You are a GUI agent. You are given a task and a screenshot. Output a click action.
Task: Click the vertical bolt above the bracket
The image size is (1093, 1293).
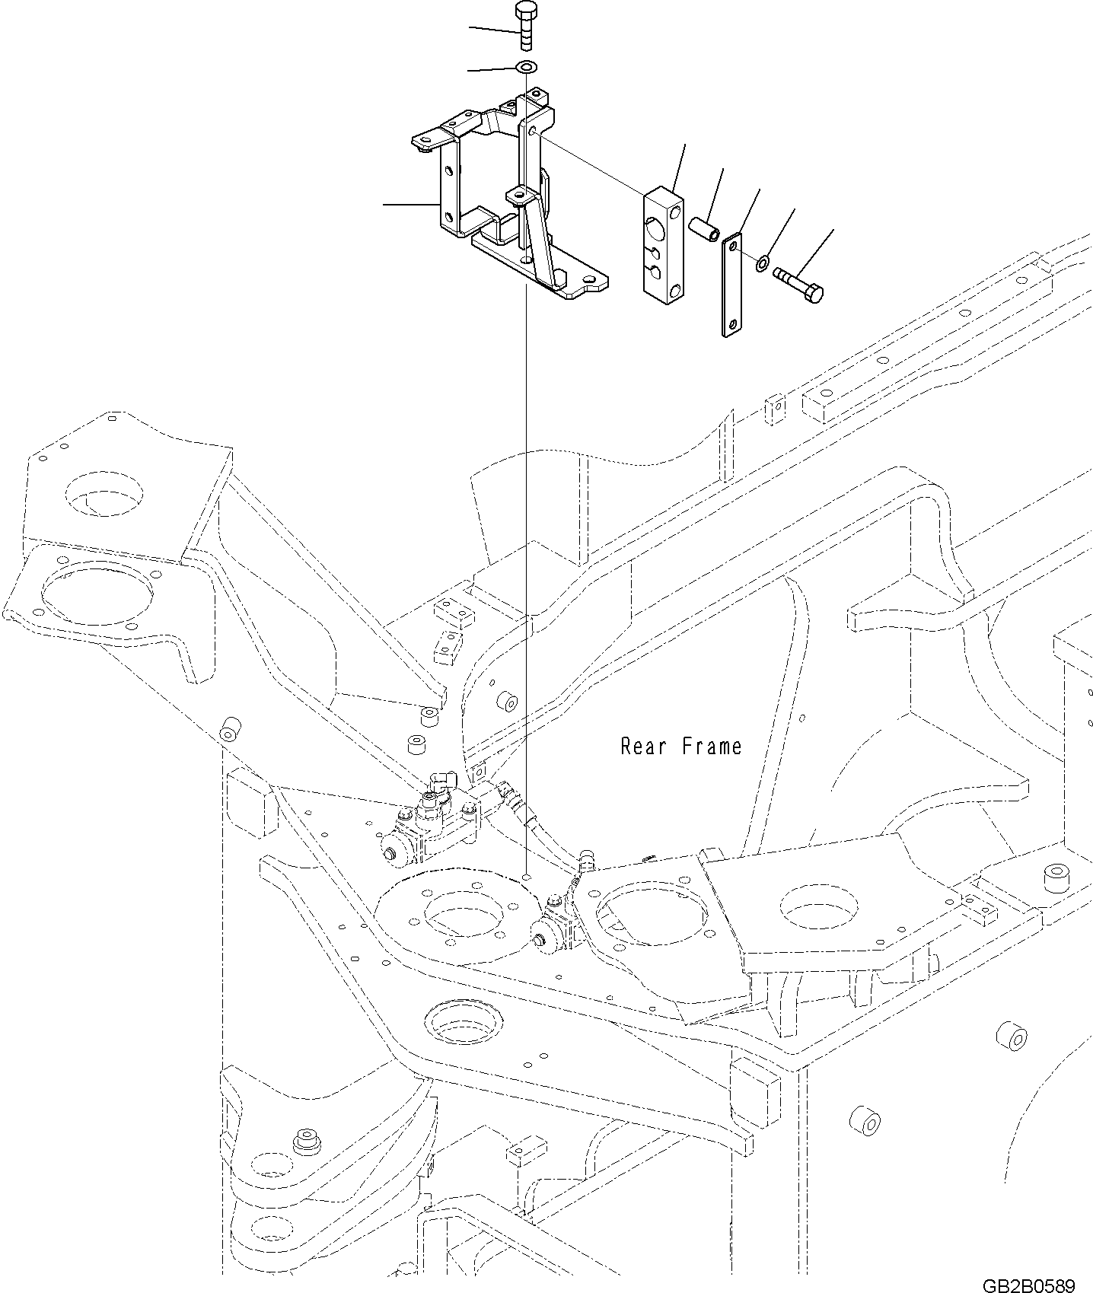[x=525, y=27]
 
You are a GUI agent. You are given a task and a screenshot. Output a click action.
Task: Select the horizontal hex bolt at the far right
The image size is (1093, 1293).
[x=798, y=285]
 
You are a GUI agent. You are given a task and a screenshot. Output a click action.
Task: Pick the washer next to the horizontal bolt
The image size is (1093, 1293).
[x=762, y=264]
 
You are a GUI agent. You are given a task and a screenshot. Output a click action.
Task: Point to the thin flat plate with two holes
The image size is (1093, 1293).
[x=731, y=285]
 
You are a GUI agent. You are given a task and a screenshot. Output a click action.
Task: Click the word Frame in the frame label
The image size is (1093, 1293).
[x=711, y=746]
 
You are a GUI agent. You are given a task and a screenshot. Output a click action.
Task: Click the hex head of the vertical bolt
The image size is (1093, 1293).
[x=525, y=10]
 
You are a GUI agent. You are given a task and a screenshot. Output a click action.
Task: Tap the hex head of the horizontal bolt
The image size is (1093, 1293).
[x=814, y=294]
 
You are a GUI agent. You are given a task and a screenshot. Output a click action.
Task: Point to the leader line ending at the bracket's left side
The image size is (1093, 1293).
[x=411, y=204]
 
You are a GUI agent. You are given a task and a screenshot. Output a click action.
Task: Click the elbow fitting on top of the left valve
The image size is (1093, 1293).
[x=440, y=783]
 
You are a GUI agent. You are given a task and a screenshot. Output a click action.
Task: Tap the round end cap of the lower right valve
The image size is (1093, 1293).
[x=543, y=941]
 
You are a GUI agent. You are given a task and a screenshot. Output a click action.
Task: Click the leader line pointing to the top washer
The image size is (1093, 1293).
[x=492, y=69]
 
